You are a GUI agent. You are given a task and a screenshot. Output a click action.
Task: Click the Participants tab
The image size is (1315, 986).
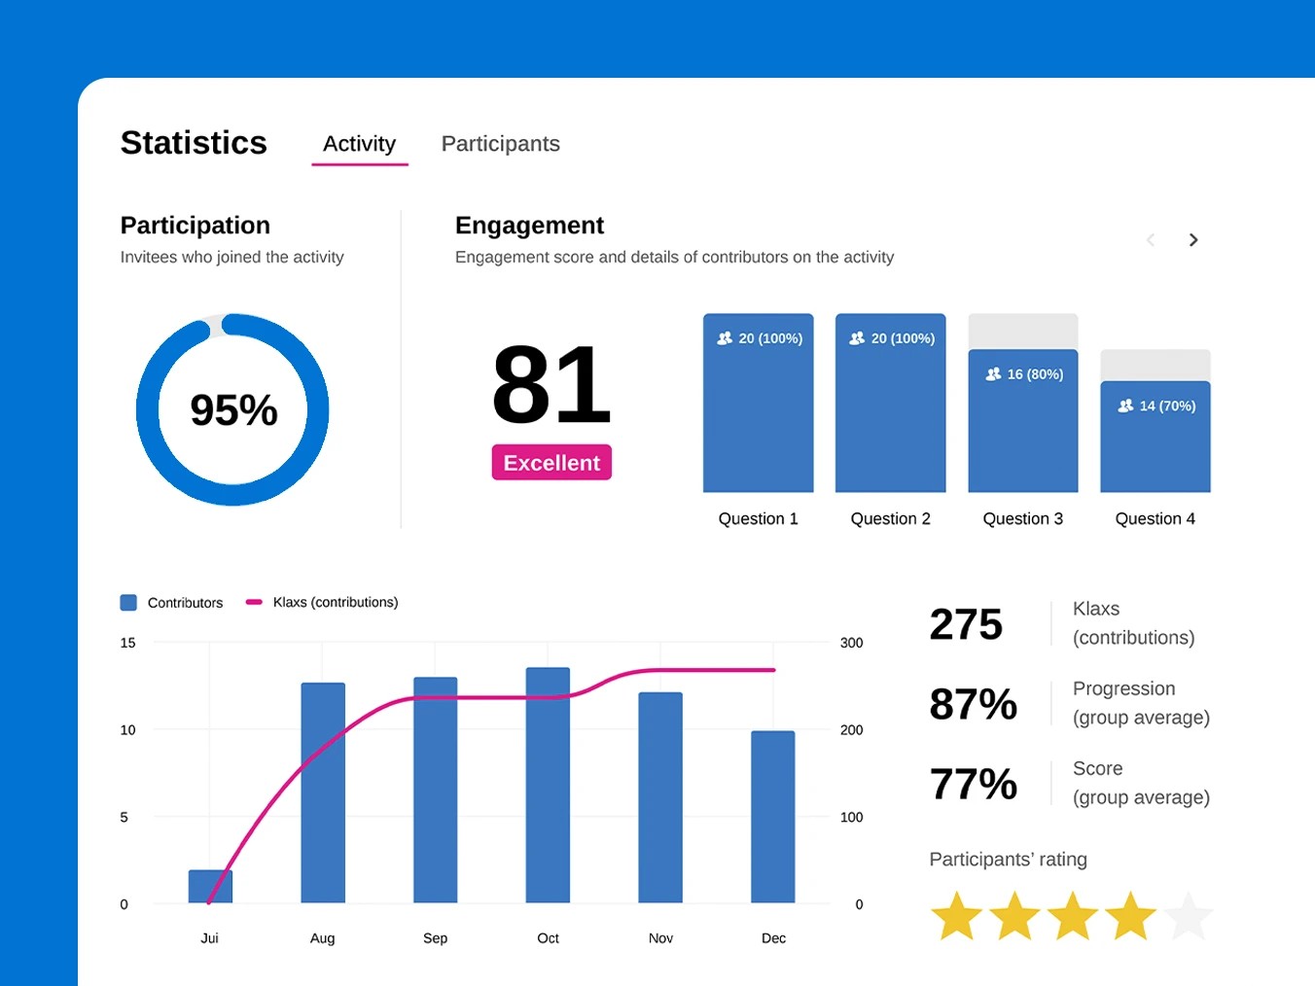click(500, 144)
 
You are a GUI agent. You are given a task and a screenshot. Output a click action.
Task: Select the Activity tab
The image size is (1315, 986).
click(359, 144)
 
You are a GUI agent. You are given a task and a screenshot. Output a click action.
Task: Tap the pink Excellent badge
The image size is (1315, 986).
click(551, 463)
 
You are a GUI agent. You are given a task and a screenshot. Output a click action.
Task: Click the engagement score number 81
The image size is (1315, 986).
click(551, 385)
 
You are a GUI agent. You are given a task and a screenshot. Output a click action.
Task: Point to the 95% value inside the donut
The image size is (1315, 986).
click(233, 410)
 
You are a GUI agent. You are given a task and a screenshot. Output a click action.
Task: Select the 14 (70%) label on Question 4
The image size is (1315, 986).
click(1156, 405)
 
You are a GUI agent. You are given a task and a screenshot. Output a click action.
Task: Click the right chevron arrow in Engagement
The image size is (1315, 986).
click(1192, 240)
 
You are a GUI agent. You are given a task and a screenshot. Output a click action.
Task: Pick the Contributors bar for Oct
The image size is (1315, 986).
click(548, 784)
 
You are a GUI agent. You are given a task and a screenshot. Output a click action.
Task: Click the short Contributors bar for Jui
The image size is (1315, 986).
click(210, 886)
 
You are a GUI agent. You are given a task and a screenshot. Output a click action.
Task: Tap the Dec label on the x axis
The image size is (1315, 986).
click(773, 938)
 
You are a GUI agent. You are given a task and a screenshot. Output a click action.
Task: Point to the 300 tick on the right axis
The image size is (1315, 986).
click(851, 643)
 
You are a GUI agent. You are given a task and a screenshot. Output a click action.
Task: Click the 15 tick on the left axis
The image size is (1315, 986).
click(127, 643)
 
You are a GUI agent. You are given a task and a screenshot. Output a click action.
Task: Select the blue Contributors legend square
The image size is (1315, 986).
click(128, 603)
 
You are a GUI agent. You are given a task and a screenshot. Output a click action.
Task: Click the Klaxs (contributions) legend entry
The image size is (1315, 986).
click(335, 603)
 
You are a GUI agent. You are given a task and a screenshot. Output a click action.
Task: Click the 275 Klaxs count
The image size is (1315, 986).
click(965, 624)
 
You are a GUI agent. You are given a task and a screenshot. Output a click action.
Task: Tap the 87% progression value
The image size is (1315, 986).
click(973, 704)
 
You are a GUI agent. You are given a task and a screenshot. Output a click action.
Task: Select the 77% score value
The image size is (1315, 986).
click(973, 784)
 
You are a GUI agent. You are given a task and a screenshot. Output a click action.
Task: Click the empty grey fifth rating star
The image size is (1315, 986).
click(1188, 916)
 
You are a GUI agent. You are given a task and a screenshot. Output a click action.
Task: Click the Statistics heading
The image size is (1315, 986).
click(194, 143)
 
